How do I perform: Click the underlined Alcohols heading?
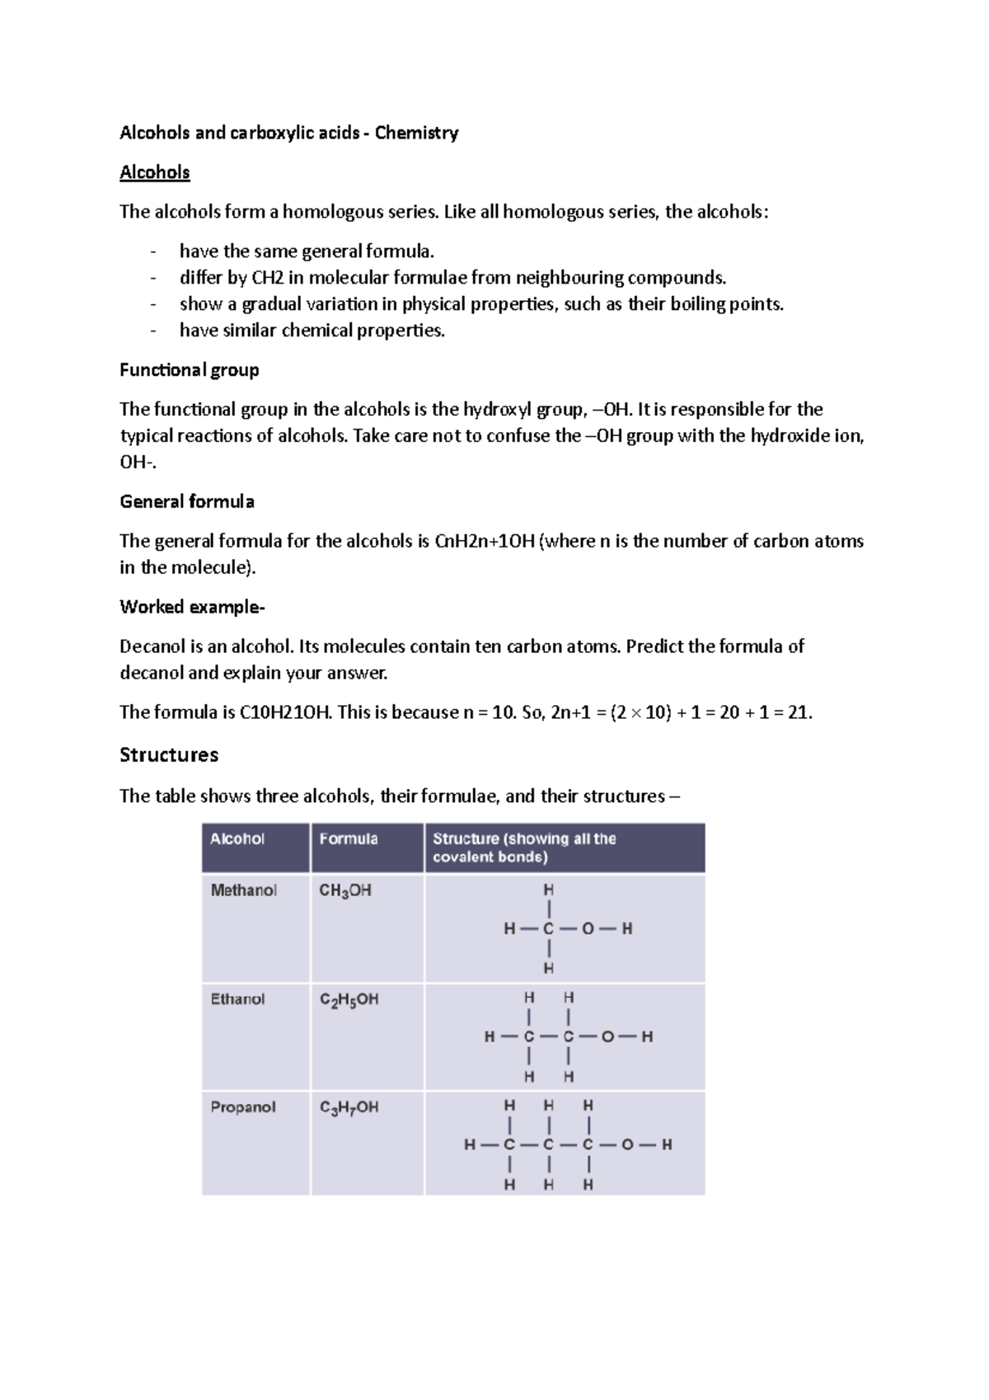155,172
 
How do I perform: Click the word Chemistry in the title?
416,133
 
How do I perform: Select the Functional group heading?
190,370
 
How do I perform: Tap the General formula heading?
187,502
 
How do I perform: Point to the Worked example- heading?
192,608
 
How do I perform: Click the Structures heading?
169,755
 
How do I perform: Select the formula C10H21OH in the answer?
285,713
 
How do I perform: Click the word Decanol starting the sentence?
152,647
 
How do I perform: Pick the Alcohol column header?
237,839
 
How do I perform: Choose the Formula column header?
349,839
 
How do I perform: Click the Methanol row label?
244,890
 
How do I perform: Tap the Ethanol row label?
238,999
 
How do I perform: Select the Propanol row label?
243,1107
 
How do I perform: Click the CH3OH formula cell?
345,891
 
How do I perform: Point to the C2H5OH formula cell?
349,1000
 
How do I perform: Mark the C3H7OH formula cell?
349,1108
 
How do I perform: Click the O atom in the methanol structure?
588,929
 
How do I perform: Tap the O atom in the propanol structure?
627,1145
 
